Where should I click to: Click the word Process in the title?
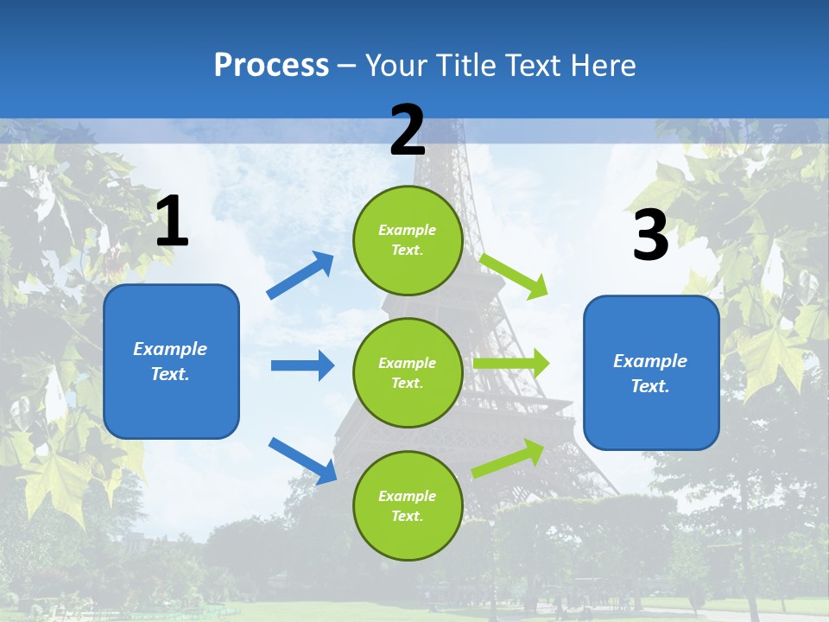271,66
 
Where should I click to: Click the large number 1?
172,222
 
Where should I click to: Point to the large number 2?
408,130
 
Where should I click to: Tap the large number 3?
650,235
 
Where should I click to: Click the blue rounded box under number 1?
171,361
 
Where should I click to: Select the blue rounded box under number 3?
651,372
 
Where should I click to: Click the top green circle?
408,240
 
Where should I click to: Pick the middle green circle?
408,372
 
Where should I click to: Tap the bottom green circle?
408,505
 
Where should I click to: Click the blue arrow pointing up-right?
301,276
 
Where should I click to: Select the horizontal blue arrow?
302,365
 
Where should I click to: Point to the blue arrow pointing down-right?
302,460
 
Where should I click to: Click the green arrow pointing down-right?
514,276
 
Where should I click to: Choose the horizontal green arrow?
510,364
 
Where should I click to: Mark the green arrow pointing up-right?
509,459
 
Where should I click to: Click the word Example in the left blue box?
170,349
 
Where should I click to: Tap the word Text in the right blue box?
649,386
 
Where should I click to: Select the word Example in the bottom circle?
408,496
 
